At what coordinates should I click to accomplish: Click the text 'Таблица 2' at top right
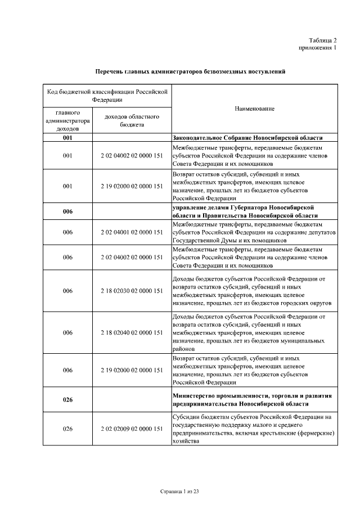coord(323,40)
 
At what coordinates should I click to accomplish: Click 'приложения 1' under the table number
coord(318,48)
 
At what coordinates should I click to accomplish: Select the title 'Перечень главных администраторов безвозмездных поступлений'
coord(190,72)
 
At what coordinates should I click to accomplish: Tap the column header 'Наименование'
coord(254,109)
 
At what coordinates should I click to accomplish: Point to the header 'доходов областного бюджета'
coord(132,120)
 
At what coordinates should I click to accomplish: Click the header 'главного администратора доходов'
coord(67,120)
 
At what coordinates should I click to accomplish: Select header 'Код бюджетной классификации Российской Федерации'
coord(107,95)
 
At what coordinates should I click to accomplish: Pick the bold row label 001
coord(67,138)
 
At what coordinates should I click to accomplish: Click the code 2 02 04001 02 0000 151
coord(132,232)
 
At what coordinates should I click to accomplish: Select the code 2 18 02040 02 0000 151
coord(132,332)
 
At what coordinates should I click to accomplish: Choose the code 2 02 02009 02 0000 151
coord(132,429)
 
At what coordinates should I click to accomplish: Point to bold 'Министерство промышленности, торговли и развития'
coord(251,396)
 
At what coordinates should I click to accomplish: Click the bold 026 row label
coord(67,400)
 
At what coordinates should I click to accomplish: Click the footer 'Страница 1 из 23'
coord(180,491)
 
